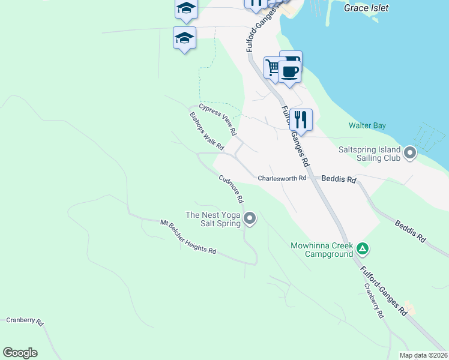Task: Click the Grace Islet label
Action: tap(366, 8)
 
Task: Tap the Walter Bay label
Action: tap(367, 126)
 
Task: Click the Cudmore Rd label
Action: tap(231, 188)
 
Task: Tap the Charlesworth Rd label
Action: tap(282, 178)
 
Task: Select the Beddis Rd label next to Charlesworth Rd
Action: tap(339, 179)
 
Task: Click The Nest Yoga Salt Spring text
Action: tap(213, 219)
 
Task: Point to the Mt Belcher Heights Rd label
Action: tap(188, 237)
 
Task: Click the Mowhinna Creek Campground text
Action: tap(322, 250)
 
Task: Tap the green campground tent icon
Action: tap(362, 248)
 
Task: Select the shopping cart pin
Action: tap(273, 67)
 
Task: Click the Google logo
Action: tap(20, 353)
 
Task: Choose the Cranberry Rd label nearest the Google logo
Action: tap(25, 321)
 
